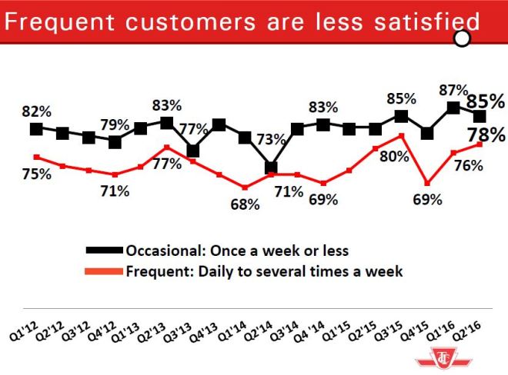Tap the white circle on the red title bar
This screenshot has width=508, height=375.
pyautogui.click(x=463, y=39)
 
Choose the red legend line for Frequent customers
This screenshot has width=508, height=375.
pyautogui.click(x=104, y=271)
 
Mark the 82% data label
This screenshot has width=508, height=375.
pyautogui.click(x=37, y=111)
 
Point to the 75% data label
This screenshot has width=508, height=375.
pyautogui.click(x=36, y=174)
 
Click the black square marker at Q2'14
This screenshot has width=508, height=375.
pyautogui.click(x=271, y=167)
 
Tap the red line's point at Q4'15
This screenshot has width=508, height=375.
pyautogui.click(x=427, y=184)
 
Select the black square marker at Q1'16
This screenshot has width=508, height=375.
pyautogui.click(x=453, y=108)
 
